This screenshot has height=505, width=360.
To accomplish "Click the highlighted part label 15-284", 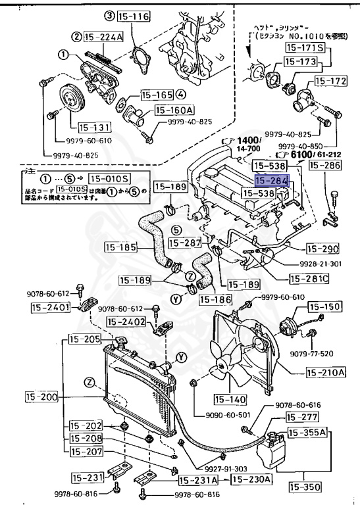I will (272, 179).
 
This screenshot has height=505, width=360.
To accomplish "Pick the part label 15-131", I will (91, 127).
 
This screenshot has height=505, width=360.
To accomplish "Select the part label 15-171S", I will (304, 48).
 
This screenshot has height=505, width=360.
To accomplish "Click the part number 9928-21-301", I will (315, 263).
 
